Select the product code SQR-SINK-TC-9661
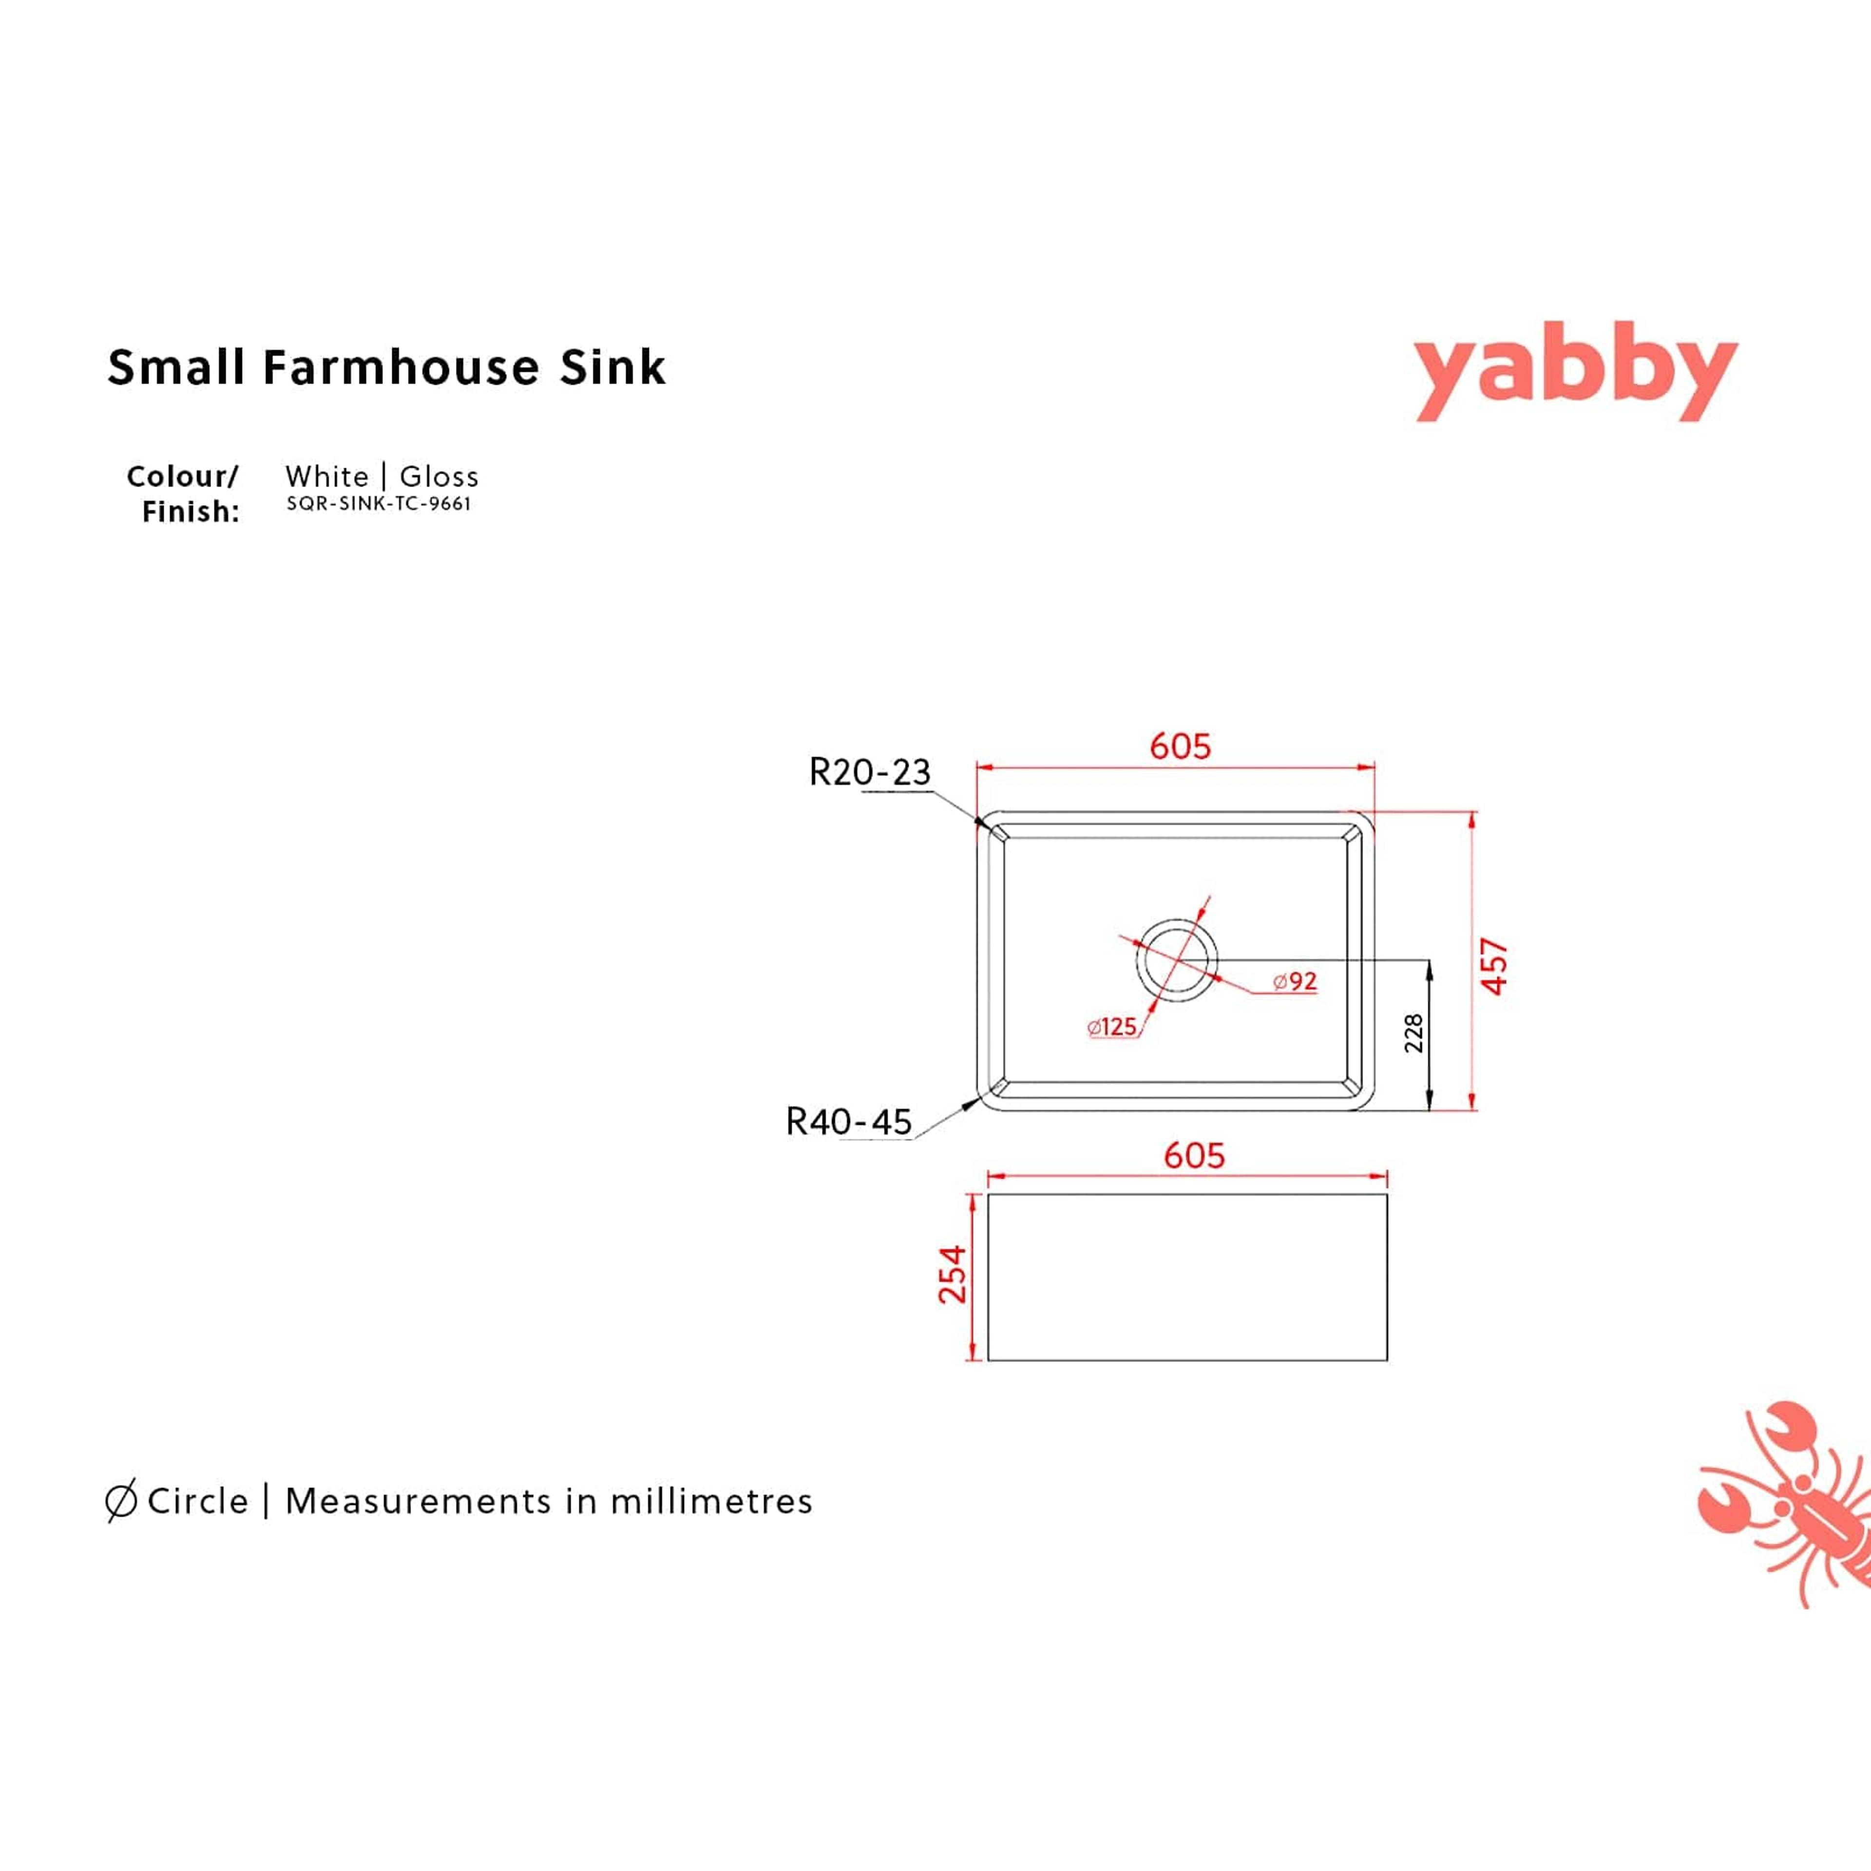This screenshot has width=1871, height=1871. coord(379,504)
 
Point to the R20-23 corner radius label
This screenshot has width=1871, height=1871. coord(869,772)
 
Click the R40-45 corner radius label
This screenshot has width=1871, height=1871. coord(848,1122)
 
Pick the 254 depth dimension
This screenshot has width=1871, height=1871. coord(953,1275)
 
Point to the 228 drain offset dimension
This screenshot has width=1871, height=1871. coord(1414,1033)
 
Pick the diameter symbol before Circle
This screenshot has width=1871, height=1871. coord(120,1501)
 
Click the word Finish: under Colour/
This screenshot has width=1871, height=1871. coord(191,511)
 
